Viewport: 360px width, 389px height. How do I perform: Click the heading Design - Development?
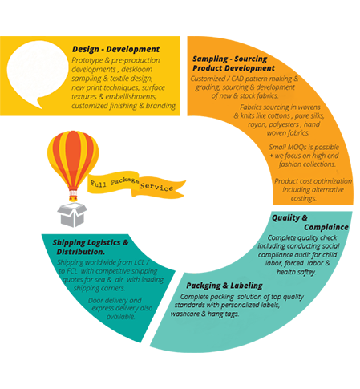tap(115, 49)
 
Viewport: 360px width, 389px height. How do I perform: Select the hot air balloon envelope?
tap(73, 159)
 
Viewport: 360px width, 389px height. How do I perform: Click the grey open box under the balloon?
tap(72, 215)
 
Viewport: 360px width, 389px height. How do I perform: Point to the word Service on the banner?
tap(156, 187)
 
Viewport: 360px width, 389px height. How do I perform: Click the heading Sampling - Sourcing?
tap(230, 59)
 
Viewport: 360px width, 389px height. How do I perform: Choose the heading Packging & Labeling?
tap(224, 286)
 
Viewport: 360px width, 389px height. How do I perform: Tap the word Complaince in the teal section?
tap(326, 227)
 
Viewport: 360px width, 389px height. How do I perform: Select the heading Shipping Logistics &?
tap(91, 242)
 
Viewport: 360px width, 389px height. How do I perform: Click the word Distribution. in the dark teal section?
tap(81, 252)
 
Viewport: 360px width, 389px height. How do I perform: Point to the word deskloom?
tap(137, 69)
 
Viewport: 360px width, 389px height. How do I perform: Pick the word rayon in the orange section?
tap(257, 124)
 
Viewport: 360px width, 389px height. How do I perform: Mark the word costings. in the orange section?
tap(304, 198)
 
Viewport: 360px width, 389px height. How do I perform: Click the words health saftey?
tap(296, 272)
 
